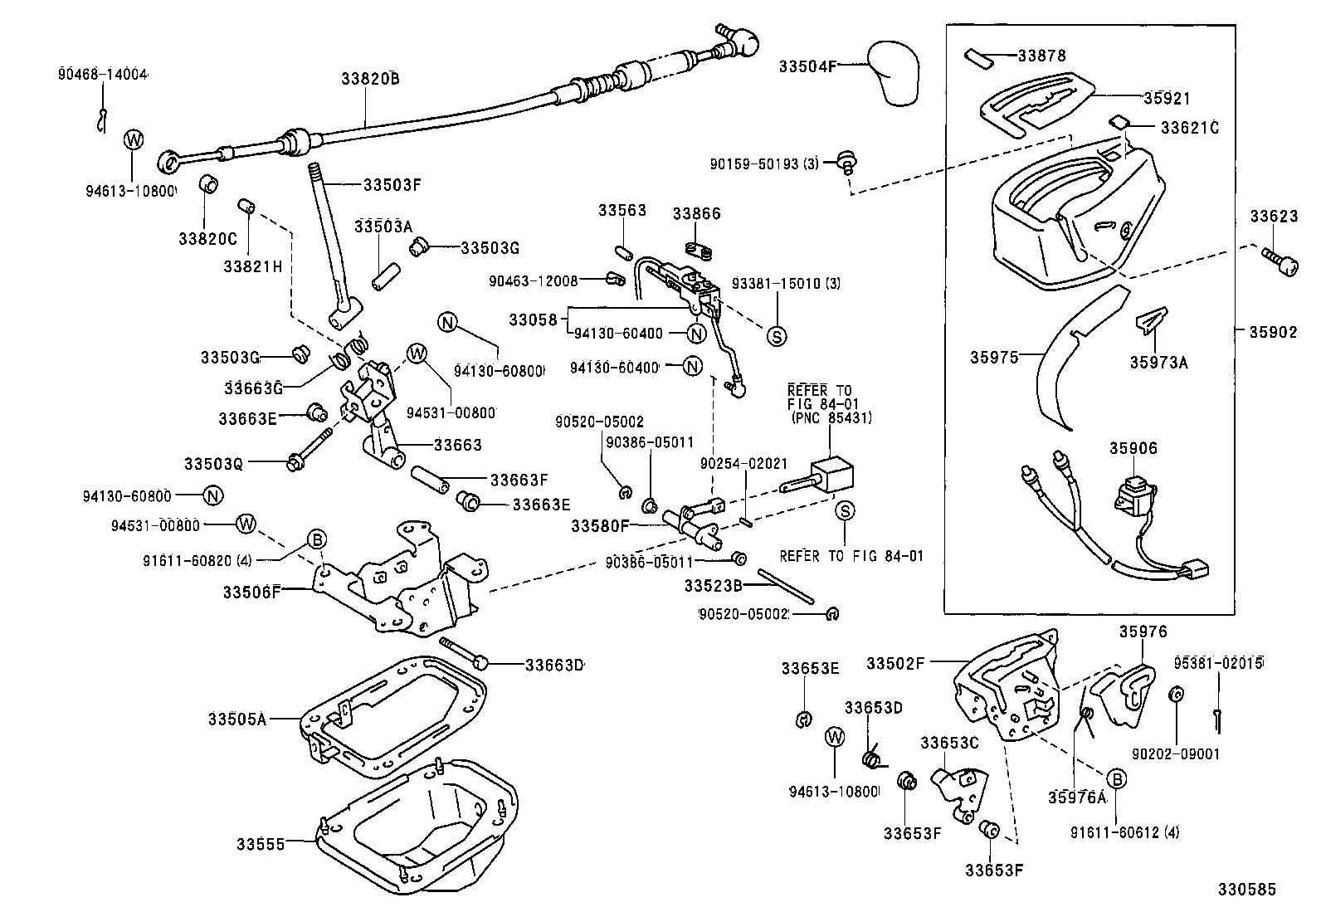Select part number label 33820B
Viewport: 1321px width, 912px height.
(370, 79)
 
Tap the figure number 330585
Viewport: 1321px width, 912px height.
(1246, 889)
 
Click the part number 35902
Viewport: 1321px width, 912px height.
(1273, 331)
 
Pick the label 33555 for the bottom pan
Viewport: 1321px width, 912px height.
(261, 844)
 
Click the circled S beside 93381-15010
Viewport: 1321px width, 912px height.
(777, 335)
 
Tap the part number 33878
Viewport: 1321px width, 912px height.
(1041, 56)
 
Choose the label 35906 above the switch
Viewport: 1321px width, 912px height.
(1133, 448)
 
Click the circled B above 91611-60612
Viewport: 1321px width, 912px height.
(1117, 778)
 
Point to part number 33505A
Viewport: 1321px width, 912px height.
(236, 719)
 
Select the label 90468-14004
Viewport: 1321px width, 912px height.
(102, 74)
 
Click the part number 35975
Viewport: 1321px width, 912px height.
(993, 357)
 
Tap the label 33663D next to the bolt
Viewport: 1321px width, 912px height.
(553, 665)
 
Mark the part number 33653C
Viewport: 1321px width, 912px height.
(949, 742)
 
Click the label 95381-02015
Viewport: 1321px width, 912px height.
(1218, 663)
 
